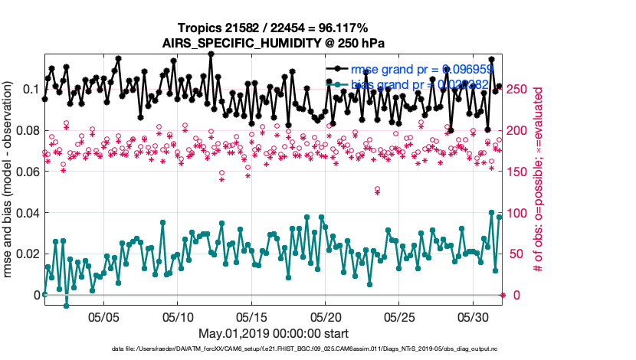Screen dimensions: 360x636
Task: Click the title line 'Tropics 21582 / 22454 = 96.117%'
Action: pyautogui.click(x=273, y=28)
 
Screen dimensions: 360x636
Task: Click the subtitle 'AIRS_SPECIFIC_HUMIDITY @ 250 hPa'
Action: pyautogui.click(x=273, y=43)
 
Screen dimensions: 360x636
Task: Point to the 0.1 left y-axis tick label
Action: pyautogui.click(x=29, y=90)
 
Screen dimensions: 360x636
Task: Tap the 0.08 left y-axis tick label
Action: pyautogui.click(x=26, y=131)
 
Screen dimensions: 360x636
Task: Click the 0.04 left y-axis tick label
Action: pyautogui.click(x=26, y=213)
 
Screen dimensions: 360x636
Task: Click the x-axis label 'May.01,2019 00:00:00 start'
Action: pyautogui.click(x=273, y=333)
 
